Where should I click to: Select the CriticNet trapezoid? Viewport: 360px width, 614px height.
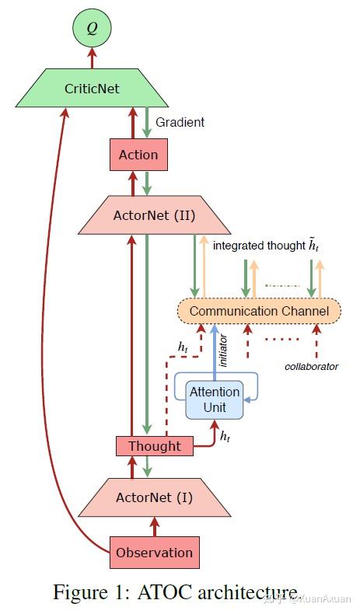click(x=92, y=88)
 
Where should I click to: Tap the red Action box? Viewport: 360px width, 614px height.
click(x=138, y=155)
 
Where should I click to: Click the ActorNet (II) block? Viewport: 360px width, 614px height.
click(x=154, y=215)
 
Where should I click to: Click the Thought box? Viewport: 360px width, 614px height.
click(x=153, y=446)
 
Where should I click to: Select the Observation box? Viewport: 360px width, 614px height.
click(x=153, y=553)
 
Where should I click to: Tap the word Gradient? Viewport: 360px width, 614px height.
click(x=180, y=122)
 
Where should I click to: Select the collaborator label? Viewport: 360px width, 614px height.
click(x=311, y=365)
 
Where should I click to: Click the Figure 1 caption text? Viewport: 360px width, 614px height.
click(x=175, y=592)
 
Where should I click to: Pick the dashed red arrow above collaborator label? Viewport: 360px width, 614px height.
click(x=317, y=342)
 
